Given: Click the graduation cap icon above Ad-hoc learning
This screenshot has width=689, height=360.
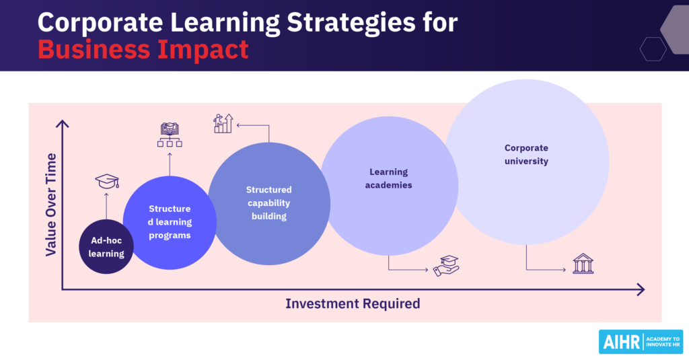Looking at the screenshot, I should [107, 182].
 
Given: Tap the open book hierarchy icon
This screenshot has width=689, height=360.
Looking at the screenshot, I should [170, 135].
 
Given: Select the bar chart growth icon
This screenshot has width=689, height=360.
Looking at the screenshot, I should [223, 122].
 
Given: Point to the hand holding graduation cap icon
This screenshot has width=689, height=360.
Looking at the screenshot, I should [446, 266].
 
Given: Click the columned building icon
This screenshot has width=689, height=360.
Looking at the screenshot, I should [583, 264].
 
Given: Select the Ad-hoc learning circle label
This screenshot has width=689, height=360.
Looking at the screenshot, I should [106, 248].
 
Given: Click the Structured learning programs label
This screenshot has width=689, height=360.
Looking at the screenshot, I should [170, 222].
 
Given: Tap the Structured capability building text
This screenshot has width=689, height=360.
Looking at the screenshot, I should [269, 203].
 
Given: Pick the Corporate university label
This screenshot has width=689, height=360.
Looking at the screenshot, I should [527, 154].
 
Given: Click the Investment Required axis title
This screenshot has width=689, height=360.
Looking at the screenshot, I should [353, 303].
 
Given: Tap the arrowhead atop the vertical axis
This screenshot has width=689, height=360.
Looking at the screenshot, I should [63, 124].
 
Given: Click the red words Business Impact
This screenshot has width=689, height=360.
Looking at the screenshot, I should [143, 49].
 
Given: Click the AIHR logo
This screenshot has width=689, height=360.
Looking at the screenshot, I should [640, 341].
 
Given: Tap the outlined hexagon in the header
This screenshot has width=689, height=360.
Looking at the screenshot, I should [653, 48].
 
